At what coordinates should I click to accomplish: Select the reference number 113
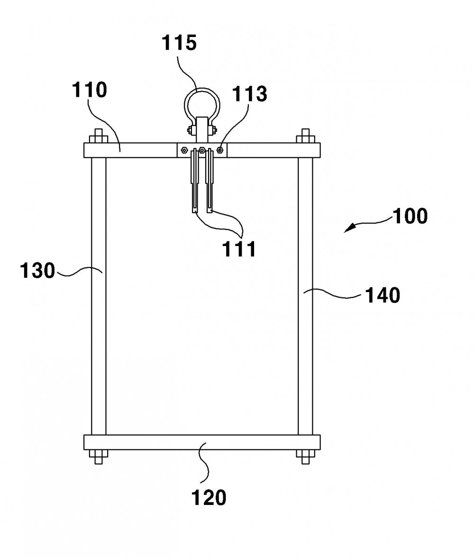[x=249, y=94]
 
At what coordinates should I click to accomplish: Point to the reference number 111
[x=239, y=249]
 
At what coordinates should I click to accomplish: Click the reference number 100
[x=410, y=216]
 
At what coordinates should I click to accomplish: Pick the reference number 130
[x=37, y=270]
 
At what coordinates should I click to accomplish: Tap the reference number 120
[x=209, y=497]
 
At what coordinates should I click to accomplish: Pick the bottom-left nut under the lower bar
[x=98, y=457]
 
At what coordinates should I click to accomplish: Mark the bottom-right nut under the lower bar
[x=305, y=457]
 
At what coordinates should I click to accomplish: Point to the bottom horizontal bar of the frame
[x=202, y=442]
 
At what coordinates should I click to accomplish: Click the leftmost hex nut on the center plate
[x=184, y=150]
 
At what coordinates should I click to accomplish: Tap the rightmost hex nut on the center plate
[x=220, y=150]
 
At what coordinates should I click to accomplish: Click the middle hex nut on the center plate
[x=202, y=150]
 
